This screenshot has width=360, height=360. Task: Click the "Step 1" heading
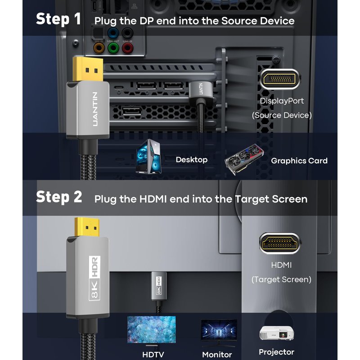pyautogui.click(x=58, y=19)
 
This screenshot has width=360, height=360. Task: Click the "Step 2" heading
pyautogui.click(x=59, y=197)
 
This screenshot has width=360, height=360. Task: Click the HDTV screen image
pyautogui.click(x=151, y=329)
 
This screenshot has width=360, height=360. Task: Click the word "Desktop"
pyautogui.click(x=192, y=160)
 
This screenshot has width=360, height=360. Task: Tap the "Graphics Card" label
pyautogui.click(x=299, y=161)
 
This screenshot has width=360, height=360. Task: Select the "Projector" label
pyautogui.click(x=276, y=352)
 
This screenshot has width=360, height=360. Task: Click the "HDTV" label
pyautogui.click(x=152, y=355)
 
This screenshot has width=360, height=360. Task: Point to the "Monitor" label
pyautogui.click(x=217, y=355)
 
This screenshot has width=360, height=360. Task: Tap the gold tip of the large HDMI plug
pyautogui.click(x=88, y=228)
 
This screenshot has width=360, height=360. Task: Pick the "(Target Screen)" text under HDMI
pyautogui.click(x=281, y=279)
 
